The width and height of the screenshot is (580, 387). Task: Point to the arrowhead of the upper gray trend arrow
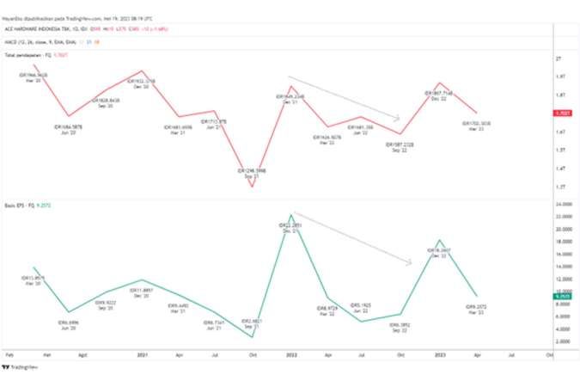tap(400, 119)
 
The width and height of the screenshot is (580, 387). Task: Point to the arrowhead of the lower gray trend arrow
tap(412, 261)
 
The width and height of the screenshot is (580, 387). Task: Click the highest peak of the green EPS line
tap(292, 214)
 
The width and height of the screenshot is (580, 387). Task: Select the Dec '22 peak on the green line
tap(440, 240)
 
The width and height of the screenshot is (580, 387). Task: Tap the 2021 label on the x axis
tap(143, 353)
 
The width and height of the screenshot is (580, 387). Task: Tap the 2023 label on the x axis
tap(440, 353)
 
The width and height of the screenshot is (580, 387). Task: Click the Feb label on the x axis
tap(9, 353)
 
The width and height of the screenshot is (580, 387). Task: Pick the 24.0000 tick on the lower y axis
tap(564, 205)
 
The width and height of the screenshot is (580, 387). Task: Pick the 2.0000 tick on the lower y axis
tap(564, 341)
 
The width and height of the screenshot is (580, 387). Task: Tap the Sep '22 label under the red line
tap(400, 150)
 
